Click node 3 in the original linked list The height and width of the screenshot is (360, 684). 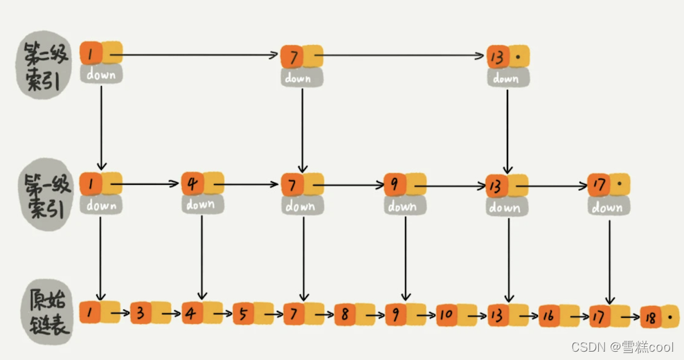click(x=141, y=313)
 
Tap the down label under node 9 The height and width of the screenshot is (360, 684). click(x=402, y=206)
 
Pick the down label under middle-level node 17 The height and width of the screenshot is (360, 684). click(x=606, y=207)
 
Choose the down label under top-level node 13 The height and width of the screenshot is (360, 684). click(x=506, y=78)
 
